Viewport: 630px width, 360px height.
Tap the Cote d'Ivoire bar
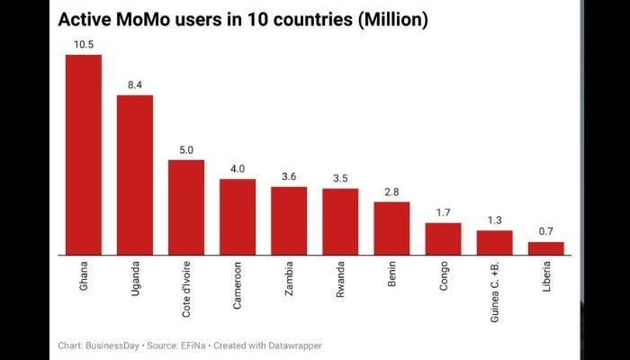(x=186, y=207)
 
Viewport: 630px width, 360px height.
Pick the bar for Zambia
(x=289, y=220)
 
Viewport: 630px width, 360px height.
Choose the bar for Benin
(x=391, y=228)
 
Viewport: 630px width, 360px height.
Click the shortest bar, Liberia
(x=545, y=247)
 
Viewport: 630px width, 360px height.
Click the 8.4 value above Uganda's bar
(x=135, y=85)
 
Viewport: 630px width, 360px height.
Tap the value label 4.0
(x=238, y=169)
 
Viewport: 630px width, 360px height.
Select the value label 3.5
(x=340, y=178)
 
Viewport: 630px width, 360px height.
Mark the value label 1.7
(x=443, y=212)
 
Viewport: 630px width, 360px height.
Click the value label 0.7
(x=545, y=231)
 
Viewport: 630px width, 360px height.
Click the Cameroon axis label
(x=238, y=285)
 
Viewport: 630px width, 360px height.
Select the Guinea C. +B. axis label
(x=494, y=291)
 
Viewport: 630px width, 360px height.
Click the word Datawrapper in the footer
(x=291, y=346)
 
